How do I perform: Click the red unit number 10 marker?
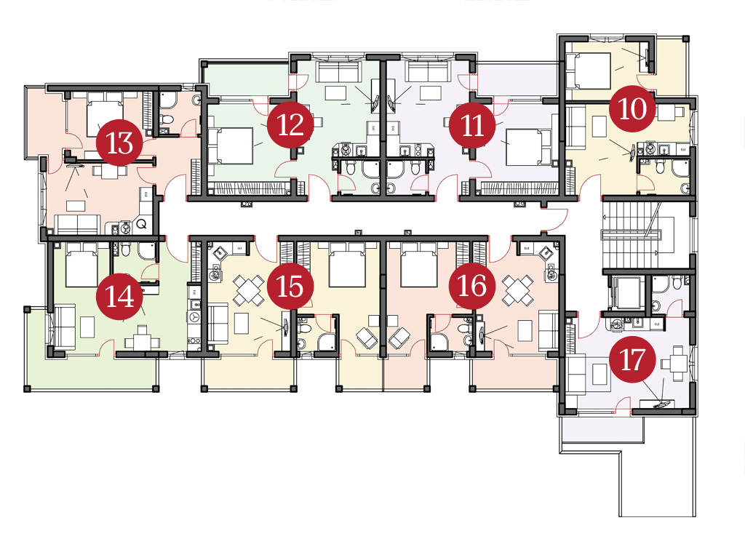point(633,109)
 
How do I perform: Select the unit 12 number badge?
point(290,125)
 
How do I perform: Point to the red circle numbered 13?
point(119,143)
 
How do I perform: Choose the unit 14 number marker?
point(119,297)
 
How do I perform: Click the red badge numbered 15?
point(290,287)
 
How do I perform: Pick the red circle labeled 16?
point(472,287)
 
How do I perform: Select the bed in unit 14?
point(81,264)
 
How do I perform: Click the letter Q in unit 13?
point(141,223)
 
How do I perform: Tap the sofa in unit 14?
point(64,327)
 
